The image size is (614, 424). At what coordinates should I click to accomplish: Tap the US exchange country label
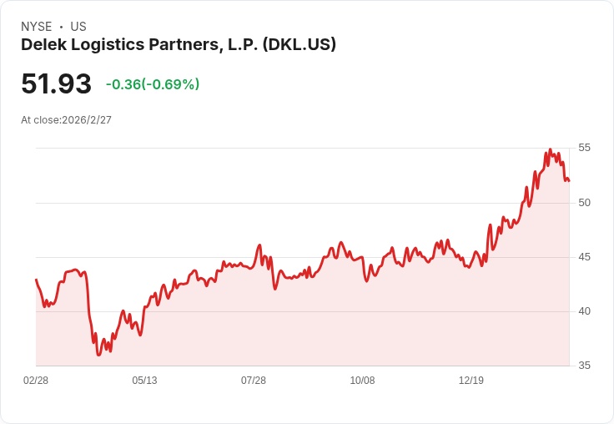point(78,27)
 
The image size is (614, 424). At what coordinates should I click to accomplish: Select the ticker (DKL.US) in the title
point(299,45)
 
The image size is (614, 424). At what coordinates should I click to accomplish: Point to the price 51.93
point(56,84)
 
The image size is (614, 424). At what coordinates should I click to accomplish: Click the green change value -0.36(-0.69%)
point(153,84)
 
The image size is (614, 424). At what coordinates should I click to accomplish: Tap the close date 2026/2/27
point(87,120)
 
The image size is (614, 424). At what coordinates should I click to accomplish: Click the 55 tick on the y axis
point(584,148)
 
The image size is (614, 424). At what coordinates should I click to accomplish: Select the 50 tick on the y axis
point(584,203)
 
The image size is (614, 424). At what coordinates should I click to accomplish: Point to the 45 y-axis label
point(584,257)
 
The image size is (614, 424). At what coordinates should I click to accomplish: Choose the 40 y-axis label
point(584,311)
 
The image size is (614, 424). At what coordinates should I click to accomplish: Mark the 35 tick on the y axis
point(584,366)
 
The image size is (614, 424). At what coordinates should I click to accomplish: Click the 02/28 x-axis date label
point(36,381)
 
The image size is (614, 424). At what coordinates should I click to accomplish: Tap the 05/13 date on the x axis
point(144,381)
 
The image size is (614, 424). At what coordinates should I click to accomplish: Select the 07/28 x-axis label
point(254,381)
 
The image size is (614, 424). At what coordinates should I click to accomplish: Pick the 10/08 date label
point(362,381)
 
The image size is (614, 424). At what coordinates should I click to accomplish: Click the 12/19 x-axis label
point(471,381)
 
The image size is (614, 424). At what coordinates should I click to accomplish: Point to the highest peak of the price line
point(550,150)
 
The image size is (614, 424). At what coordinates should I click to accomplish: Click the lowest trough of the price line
point(98,356)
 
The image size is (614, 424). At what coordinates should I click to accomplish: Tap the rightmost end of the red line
point(569,181)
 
